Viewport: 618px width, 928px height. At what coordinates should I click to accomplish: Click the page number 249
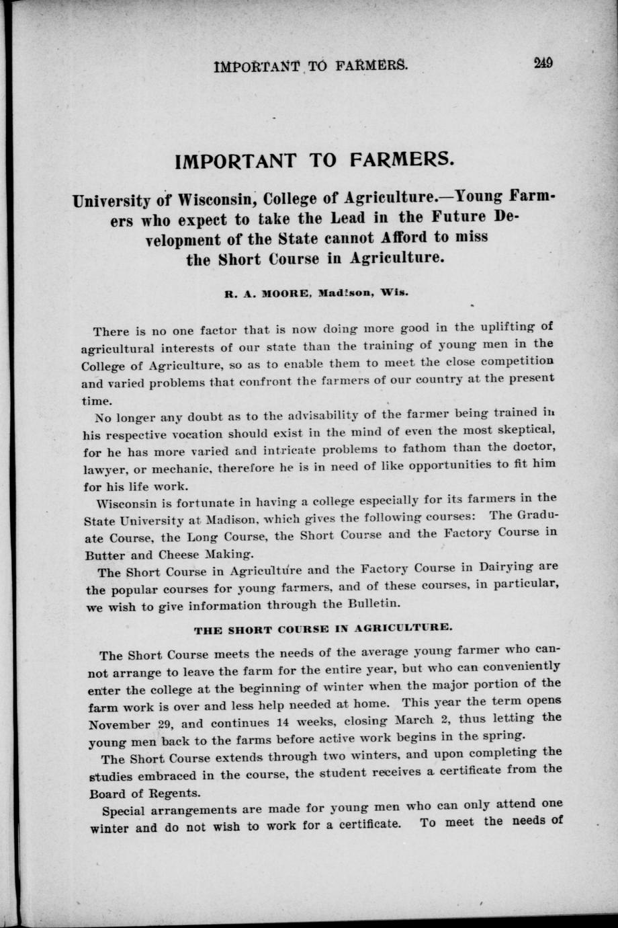pyautogui.click(x=543, y=64)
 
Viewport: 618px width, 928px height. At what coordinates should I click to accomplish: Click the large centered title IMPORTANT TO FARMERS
pyautogui.click(x=315, y=161)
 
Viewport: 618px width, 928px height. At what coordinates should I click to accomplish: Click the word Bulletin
pyautogui.click(x=373, y=603)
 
